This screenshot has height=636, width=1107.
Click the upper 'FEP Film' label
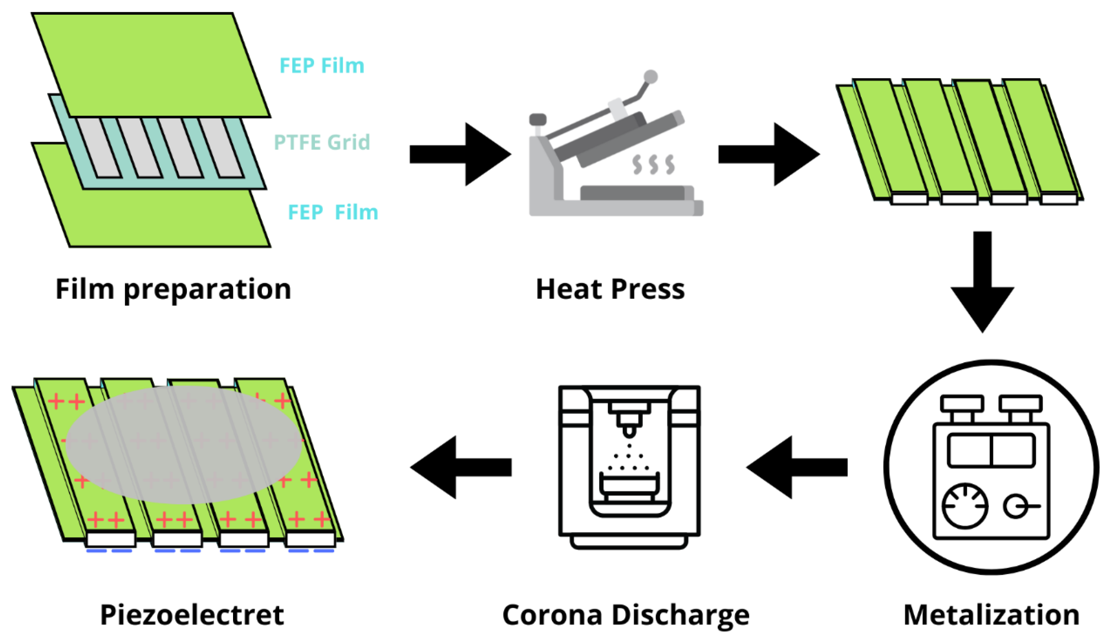[321, 66]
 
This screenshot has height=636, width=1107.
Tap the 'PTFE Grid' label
[321, 142]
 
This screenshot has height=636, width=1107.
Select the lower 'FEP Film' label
[333, 212]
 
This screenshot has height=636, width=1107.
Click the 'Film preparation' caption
[173, 290]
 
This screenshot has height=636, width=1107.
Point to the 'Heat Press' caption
[610, 290]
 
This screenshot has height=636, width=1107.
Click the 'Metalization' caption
[991, 615]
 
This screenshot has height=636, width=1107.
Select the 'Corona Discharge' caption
[625, 615]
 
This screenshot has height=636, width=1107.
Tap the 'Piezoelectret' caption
[192, 615]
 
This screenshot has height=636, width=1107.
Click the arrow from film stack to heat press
[460, 154]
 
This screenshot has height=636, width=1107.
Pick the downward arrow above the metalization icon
[982, 281]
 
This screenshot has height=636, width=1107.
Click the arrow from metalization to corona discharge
[797, 467]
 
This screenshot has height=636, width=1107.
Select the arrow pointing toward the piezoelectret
[460, 467]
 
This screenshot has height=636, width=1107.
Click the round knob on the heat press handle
[650, 77]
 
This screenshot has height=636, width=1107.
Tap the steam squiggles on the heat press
[653, 165]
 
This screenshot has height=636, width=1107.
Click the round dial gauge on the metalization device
[964, 506]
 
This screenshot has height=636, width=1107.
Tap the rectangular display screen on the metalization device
[991, 450]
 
